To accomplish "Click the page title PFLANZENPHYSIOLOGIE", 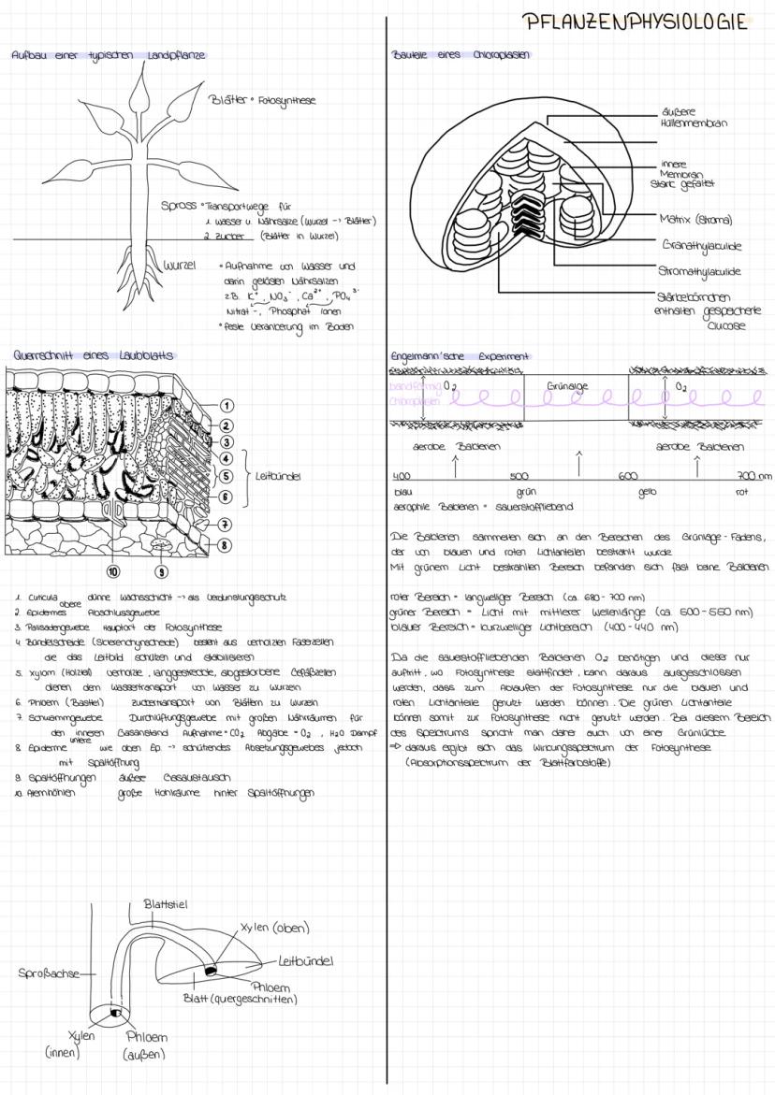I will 636,21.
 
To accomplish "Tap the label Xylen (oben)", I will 274,928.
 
